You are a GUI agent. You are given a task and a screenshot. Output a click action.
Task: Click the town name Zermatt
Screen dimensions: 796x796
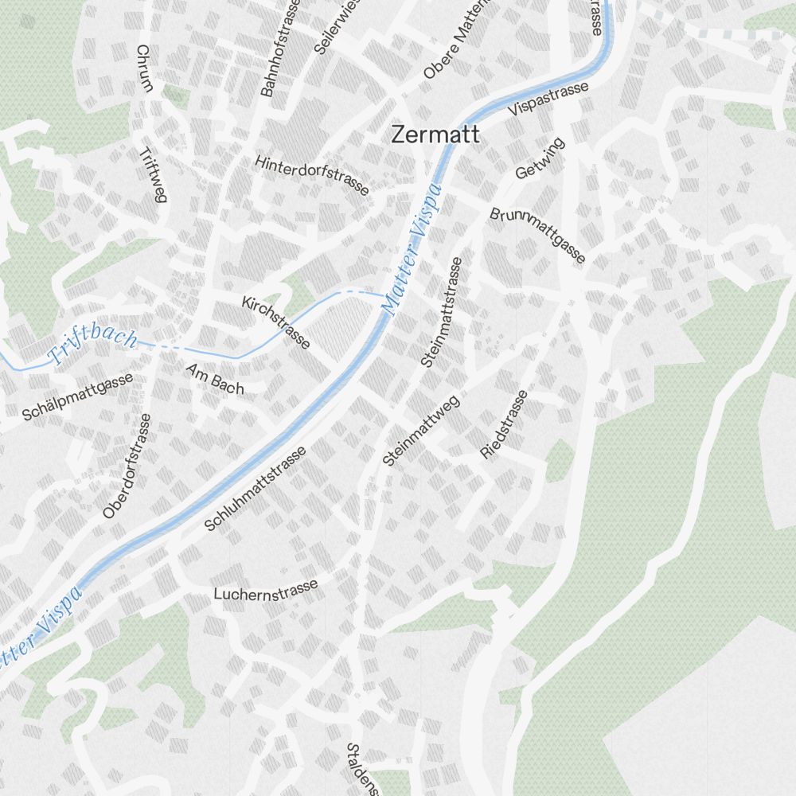pyautogui.click(x=435, y=135)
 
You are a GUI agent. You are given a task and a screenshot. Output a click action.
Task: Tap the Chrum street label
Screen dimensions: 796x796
pyautogui.click(x=143, y=68)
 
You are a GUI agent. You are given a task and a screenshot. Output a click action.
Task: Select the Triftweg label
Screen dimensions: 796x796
pyautogui.click(x=152, y=175)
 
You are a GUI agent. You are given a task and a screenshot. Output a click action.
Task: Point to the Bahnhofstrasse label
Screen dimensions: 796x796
pyautogui.click(x=278, y=49)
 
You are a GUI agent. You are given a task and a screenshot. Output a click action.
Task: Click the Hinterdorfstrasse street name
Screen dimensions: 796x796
pyautogui.click(x=312, y=175)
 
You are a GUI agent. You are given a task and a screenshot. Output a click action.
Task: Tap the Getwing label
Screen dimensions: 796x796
pyautogui.click(x=540, y=158)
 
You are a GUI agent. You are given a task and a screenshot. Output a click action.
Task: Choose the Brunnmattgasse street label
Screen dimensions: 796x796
pyautogui.click(x=538, y=236)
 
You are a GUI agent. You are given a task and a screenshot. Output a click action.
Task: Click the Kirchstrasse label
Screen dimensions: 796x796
pyautogui.click(x=276, y=321)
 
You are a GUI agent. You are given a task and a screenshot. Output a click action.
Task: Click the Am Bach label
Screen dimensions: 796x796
pyautogui.click(x=215, y=379)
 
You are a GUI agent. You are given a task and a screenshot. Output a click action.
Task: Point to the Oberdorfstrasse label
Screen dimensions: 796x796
pyautogui.click(x=127, y=466)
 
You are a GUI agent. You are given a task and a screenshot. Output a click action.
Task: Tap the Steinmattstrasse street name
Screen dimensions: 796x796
pyautogui.click(x=442, y=311)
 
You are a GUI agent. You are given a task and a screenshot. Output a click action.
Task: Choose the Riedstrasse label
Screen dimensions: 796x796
pyautogui.click(x=505, y=424)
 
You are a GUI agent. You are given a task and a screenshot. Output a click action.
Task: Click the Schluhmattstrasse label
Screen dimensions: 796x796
pyautogui.click(x=255, y=490)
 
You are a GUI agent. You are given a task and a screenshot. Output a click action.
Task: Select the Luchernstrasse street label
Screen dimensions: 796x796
pyautogui.click(x=266, y=589)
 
